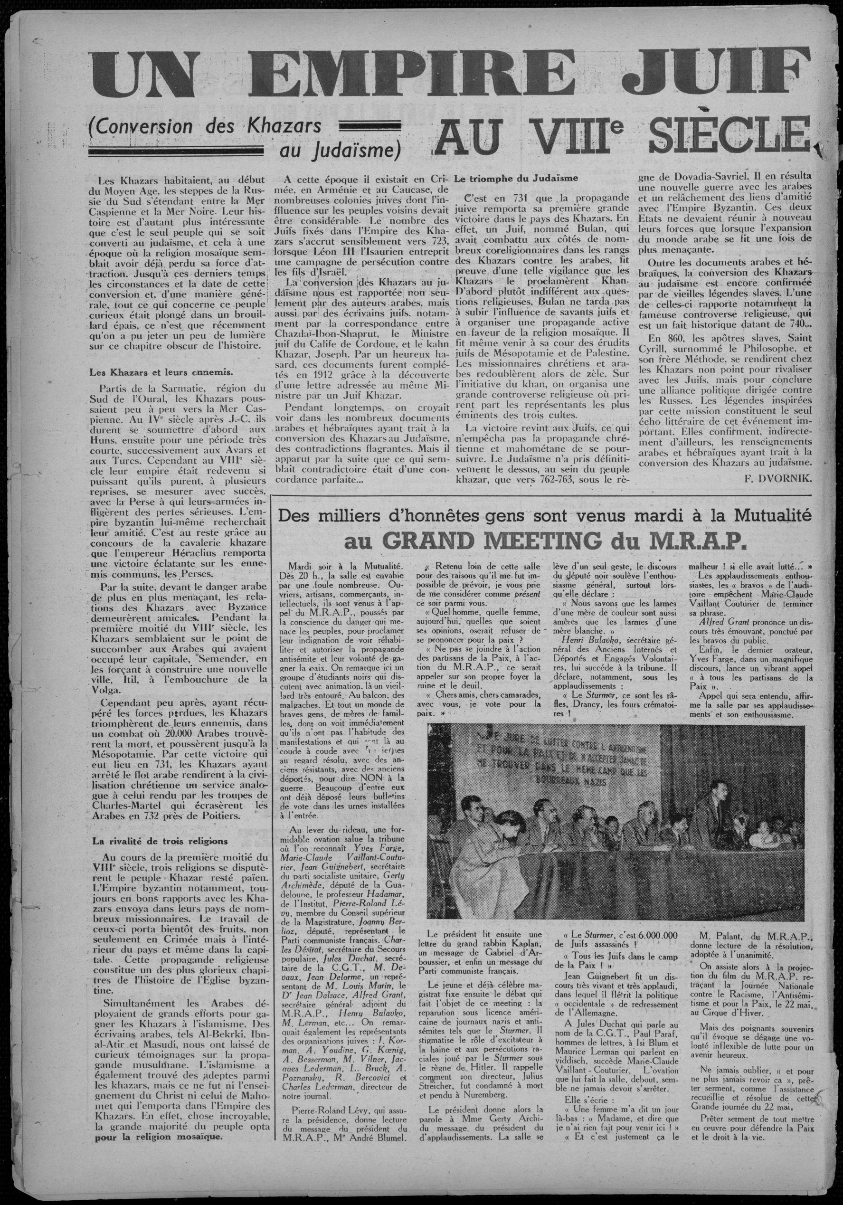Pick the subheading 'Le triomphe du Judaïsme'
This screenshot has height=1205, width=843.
[518, 178]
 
